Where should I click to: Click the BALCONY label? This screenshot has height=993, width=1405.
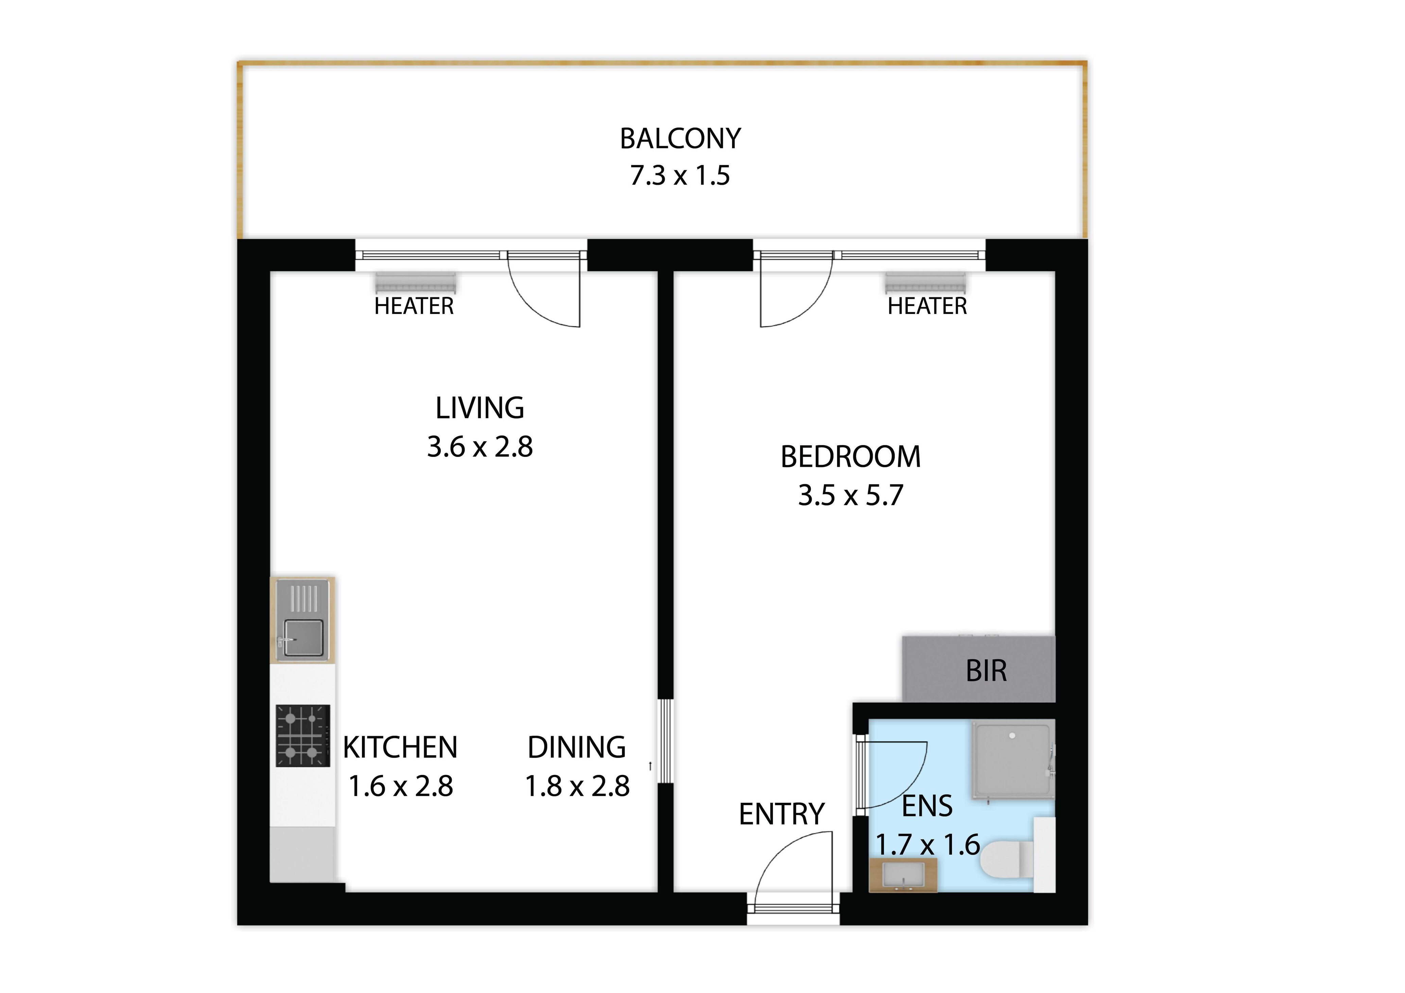(x=680, y=139)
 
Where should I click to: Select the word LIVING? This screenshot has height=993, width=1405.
(x=480, y=408)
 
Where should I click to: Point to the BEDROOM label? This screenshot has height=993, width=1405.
(x=851, y=457)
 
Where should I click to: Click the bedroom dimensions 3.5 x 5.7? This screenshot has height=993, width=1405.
(x=851, y=496)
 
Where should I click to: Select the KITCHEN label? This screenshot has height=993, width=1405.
(x=400, y=748)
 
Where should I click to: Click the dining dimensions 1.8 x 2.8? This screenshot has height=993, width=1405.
(x=577, y=786)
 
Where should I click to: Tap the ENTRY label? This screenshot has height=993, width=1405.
(x=781, y=814)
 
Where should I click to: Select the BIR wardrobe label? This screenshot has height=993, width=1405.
(x=986, y=671)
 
